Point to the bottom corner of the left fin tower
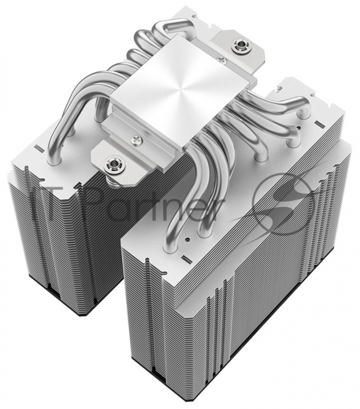tap(78, 313)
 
